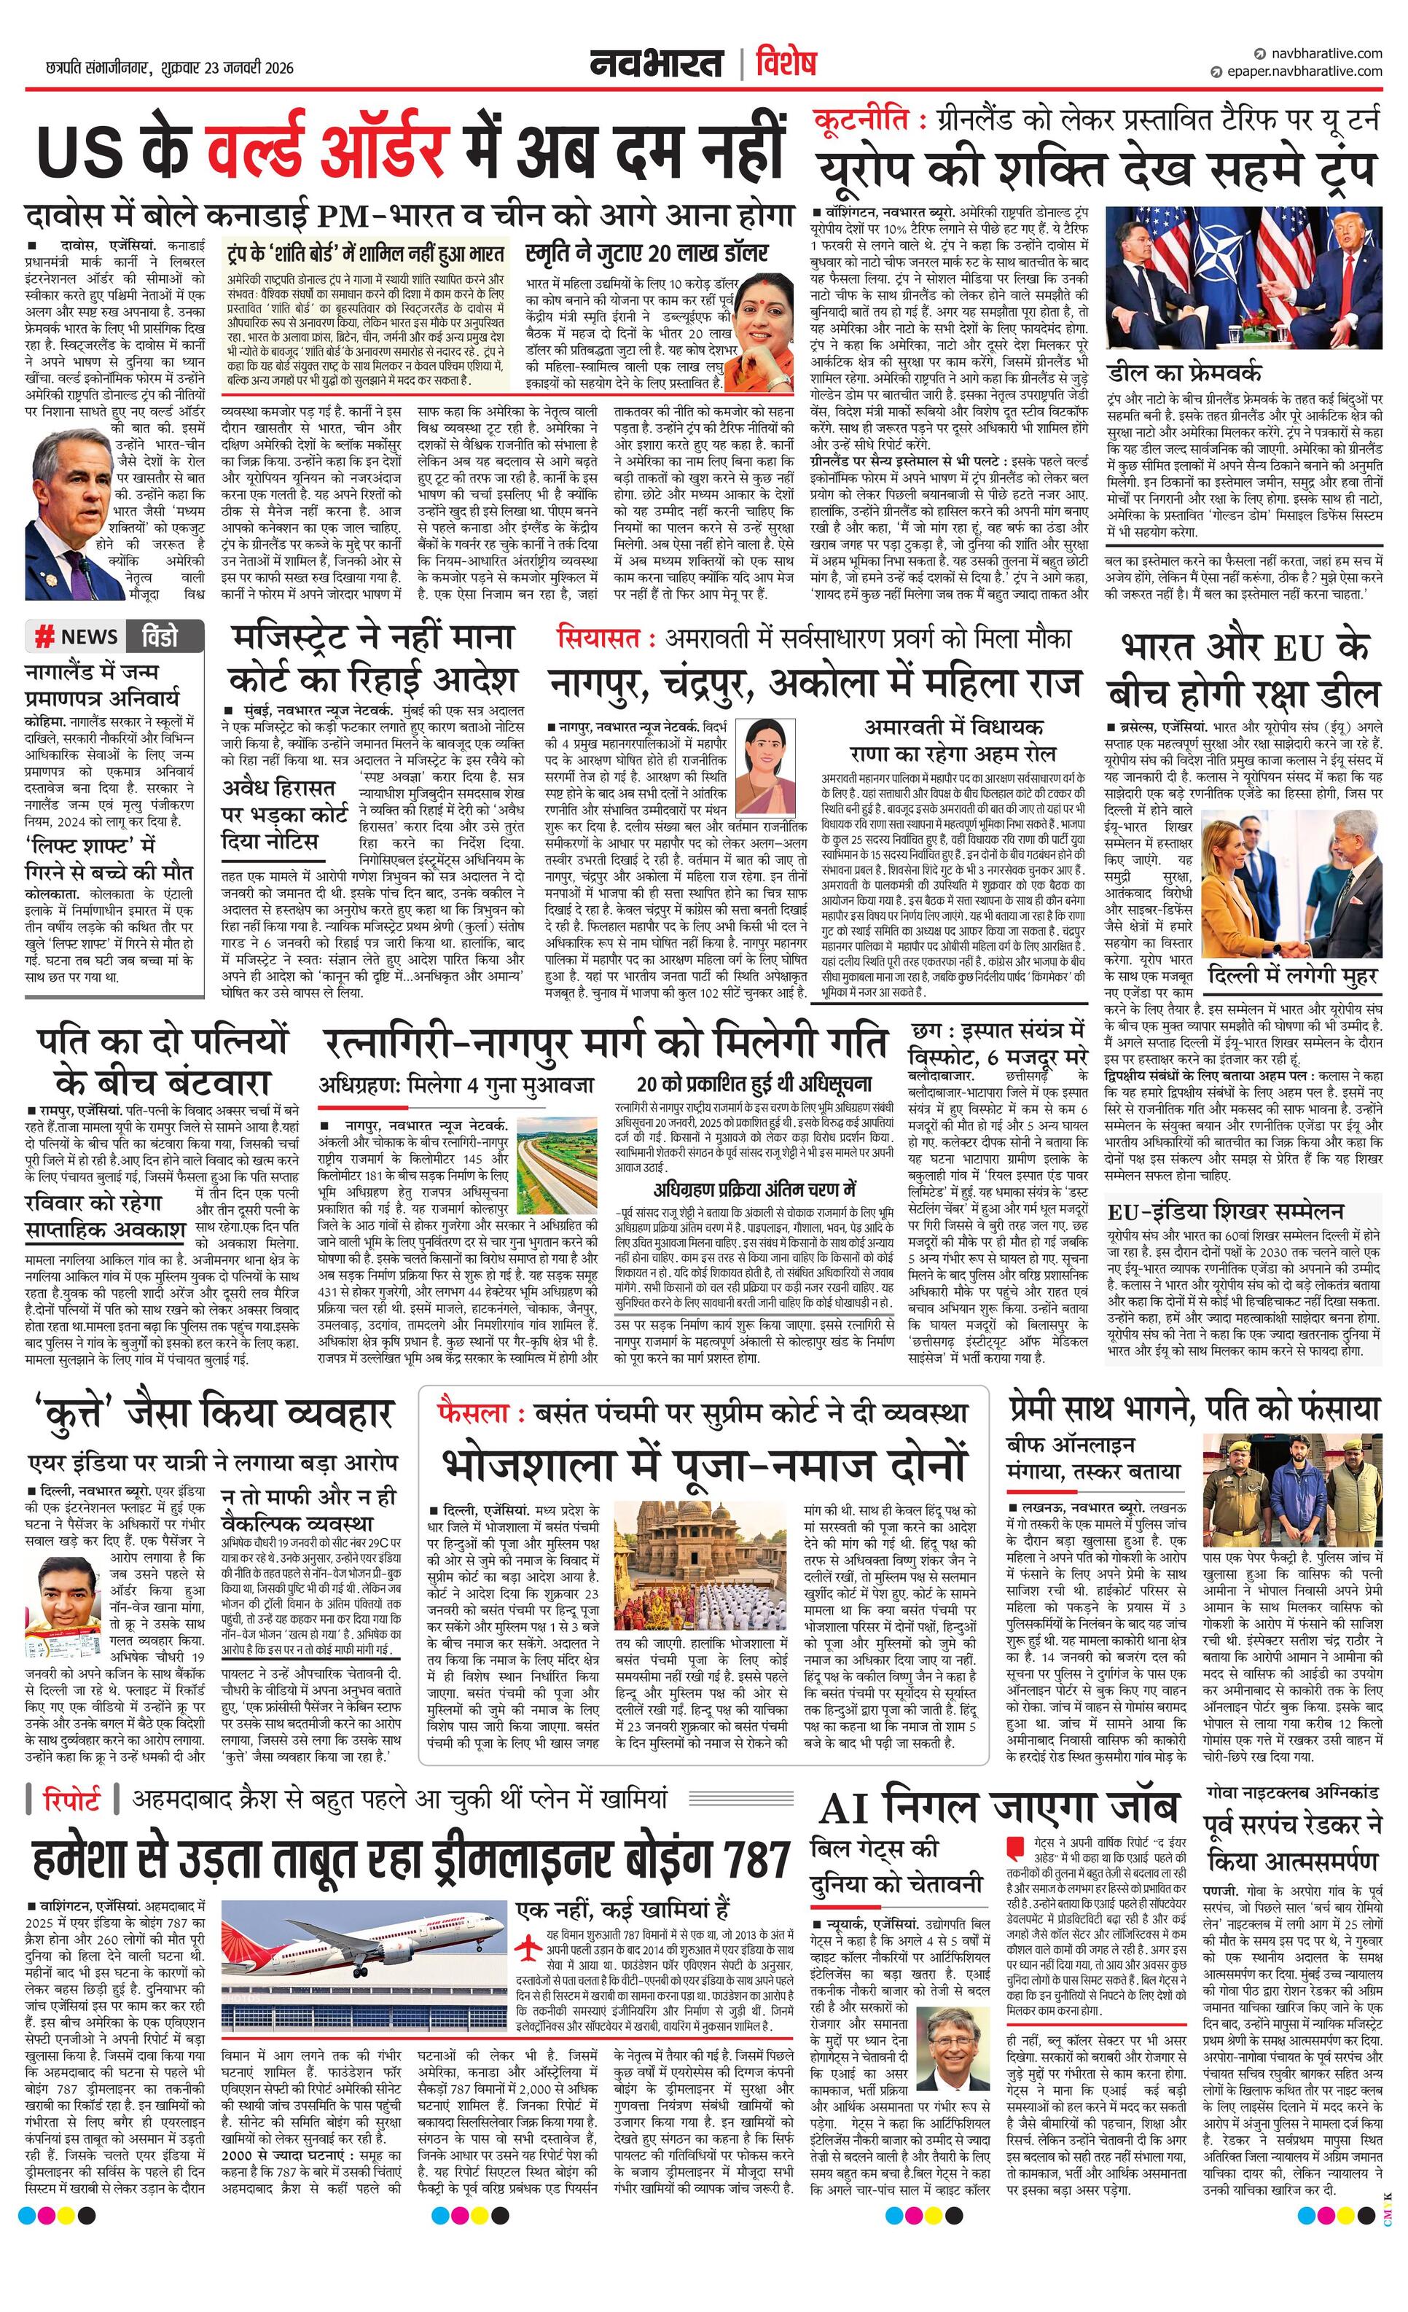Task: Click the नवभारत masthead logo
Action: (x=656, y=64)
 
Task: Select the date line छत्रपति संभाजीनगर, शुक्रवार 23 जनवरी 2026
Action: (x=169, y=68)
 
